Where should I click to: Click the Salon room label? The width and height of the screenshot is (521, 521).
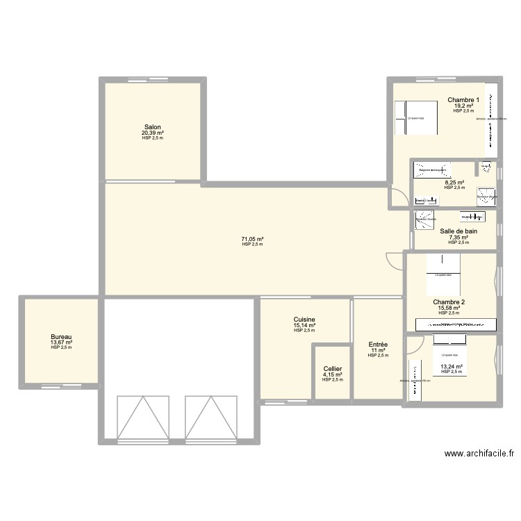tap(152, 127)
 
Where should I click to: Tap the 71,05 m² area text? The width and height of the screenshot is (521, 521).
tap(252, 239)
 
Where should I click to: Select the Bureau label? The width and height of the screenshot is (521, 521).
tap(61, 336)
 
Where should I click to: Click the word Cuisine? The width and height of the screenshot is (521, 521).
tap(304, 320)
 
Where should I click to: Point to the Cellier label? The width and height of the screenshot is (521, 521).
tap(332, 369)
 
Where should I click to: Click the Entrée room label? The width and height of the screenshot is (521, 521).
tap(378, 345)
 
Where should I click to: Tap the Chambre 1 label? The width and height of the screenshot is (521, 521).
tap(463, 100)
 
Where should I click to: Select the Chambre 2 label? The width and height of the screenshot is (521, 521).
tap(449, 302)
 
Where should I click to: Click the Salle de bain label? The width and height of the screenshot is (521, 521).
tap(458, 231)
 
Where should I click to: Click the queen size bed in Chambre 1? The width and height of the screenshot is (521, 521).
tap(415, 118)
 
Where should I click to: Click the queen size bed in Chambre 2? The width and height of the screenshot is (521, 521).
tap(443, 266)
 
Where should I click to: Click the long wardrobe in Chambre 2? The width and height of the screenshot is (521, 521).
tap(456, 324)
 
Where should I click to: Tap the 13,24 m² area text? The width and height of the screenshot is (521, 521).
tap(452, 366)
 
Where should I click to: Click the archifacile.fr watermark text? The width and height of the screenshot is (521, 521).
tap(479, 454)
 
